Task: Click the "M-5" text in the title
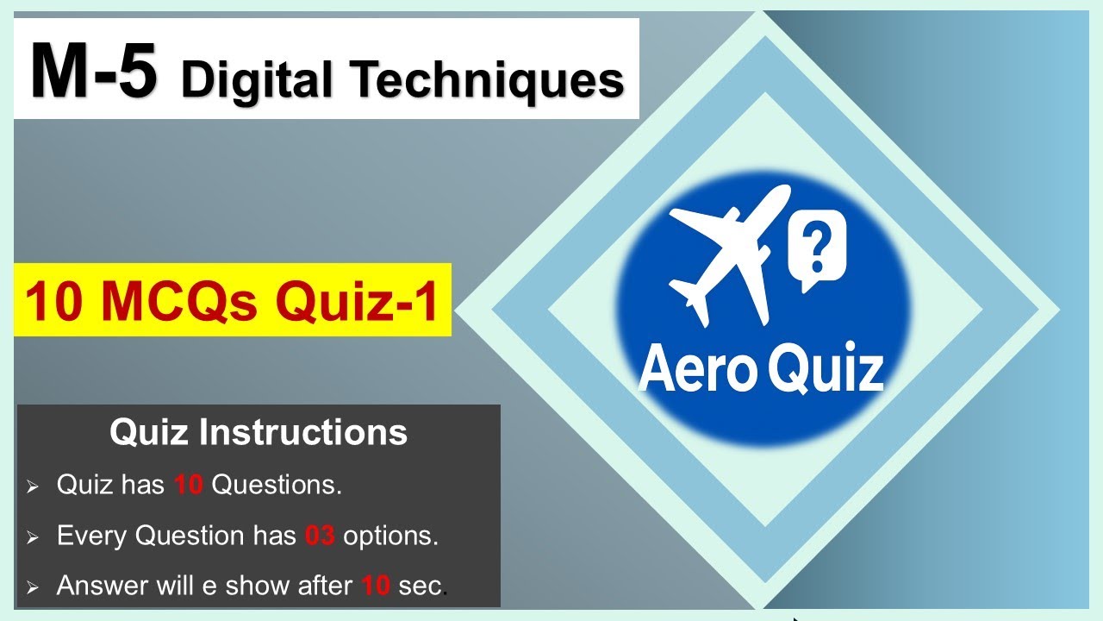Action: point(94,73)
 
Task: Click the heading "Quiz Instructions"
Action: point(258,432)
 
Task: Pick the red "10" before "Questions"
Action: point(188,486)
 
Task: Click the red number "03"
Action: point(320,536)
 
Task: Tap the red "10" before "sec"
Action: point(376,586)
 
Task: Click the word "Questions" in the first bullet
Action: point(276,486)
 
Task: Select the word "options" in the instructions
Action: point(390,536)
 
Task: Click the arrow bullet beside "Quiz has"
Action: point(33,487)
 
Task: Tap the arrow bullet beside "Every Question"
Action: point(33,538)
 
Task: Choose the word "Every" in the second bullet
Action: point(91,536)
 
